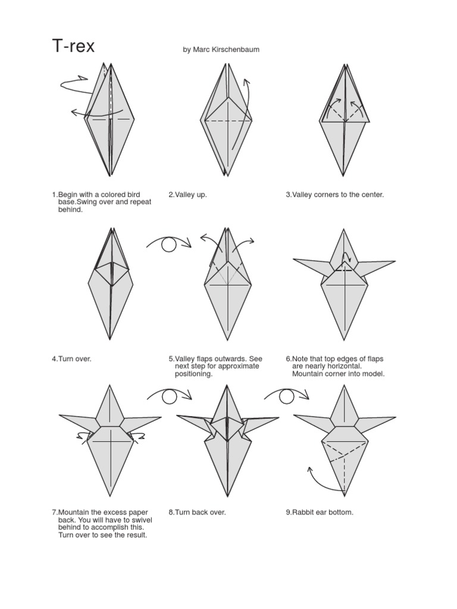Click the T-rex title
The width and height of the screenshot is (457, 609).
tap(73, 46)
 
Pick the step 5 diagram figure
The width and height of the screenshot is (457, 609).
tap(227, 285)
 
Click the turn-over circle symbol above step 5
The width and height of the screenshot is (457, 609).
tap(169, 244)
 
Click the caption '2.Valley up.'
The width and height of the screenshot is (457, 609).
tap(188, 195)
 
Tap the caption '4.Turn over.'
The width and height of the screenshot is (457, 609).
tap(71, 359)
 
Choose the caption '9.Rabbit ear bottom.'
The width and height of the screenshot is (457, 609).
tap(320, 512)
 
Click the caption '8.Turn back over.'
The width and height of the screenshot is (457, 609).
tap(197, 512)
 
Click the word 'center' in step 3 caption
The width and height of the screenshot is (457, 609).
tap(371, 195)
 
